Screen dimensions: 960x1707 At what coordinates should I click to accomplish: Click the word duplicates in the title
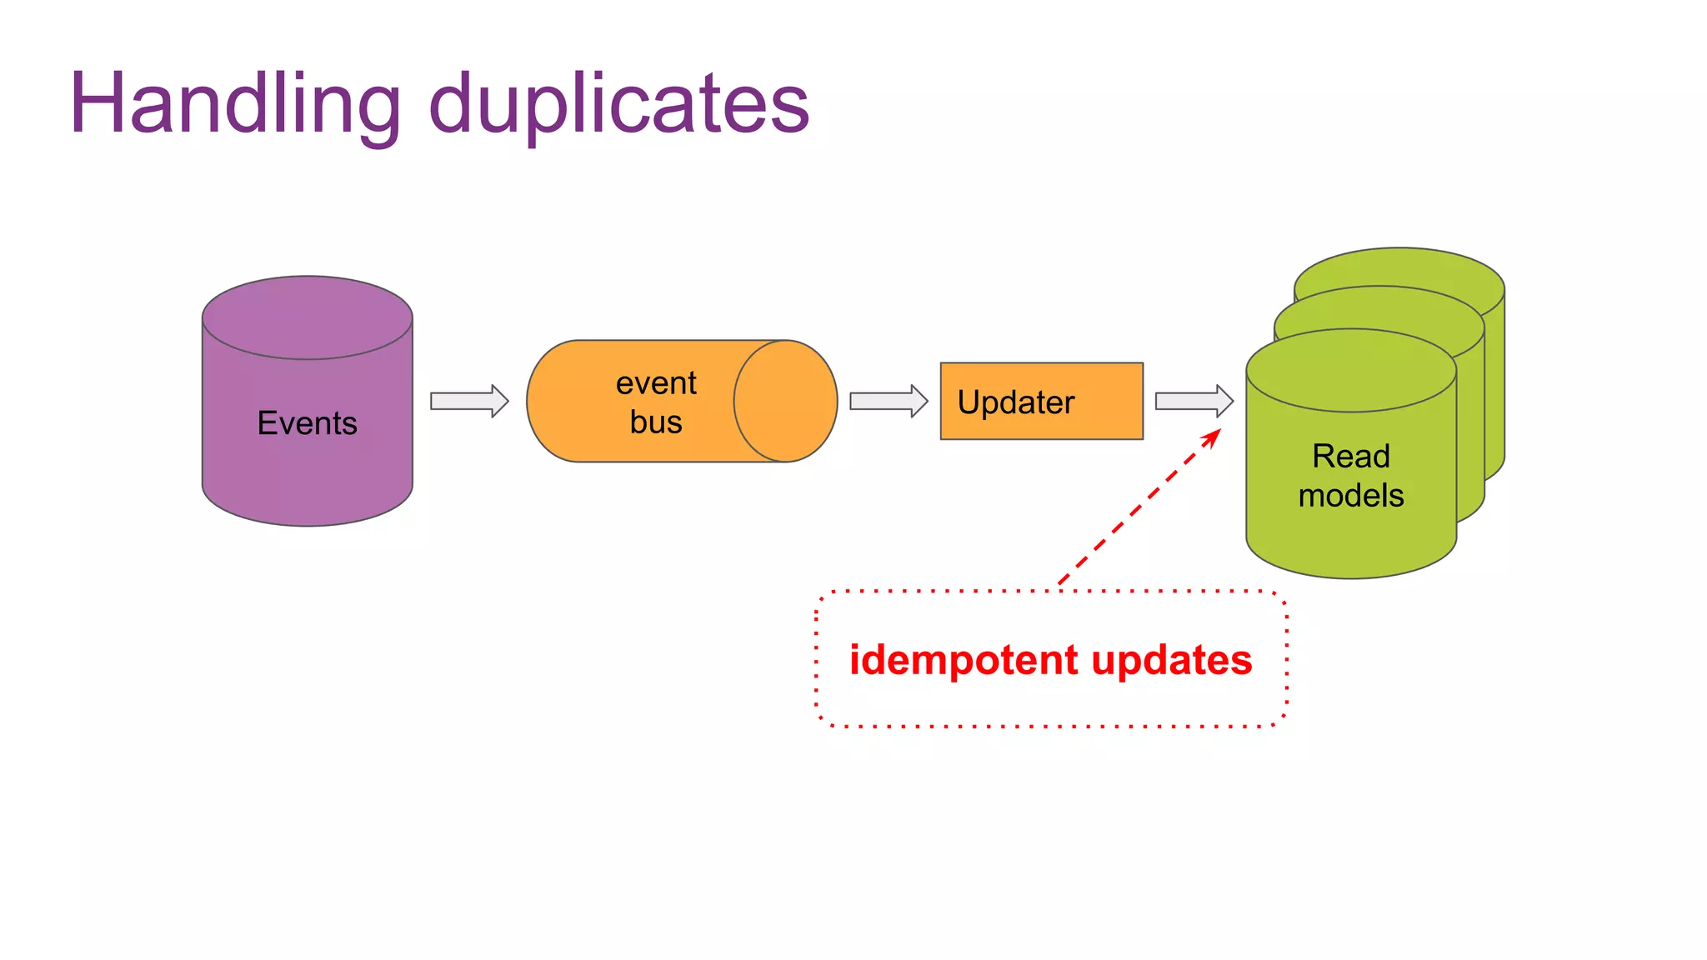[618, 104]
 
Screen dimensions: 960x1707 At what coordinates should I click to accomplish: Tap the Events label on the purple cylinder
[307, 423]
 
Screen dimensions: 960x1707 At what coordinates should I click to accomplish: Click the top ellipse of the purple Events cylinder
[307, 318]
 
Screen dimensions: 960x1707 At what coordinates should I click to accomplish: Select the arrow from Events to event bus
[469, 401]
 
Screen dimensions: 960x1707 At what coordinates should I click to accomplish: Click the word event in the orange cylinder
[656, 383]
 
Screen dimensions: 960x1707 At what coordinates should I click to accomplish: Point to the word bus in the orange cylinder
[656, 422]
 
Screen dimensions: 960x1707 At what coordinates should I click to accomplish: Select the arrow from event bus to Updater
[889, 401]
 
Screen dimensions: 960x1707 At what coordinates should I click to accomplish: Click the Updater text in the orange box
[1016, 402]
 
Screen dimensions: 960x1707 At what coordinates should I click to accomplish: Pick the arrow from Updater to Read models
[1194, 401]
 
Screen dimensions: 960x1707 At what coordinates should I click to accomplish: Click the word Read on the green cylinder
[1350, 457]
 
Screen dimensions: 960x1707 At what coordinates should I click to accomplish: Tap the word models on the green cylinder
[1350, 496]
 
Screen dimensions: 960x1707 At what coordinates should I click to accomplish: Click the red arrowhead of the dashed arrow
[1213, 437]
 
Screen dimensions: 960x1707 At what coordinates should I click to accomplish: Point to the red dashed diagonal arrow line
[1134, 510]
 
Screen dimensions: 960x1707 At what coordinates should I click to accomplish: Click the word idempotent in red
[963, 660]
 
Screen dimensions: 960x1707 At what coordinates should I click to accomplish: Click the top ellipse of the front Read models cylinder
[1350, 371]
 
